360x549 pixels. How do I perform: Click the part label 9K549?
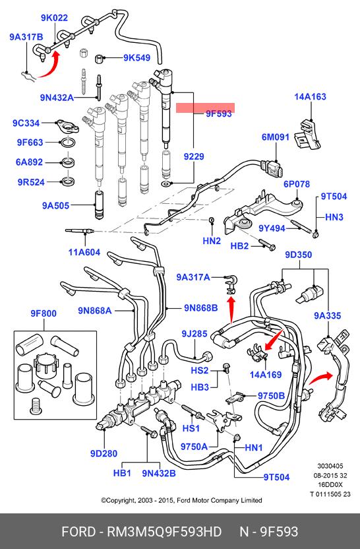tap(136, 58)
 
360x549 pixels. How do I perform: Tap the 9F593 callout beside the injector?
tap(219, 113)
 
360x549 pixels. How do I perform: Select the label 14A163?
tap(310, 96)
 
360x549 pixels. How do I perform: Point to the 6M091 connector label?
tap(276, 137)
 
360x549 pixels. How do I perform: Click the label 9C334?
tap(26, 123)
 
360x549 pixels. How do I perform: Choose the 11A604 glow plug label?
tap(84, 252)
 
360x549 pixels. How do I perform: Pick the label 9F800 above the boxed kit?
tap(44, 313)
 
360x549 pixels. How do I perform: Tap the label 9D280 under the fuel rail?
tap(104, 453)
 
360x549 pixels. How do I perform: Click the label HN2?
tap(212, 241)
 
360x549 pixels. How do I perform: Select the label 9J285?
tap(195, 334)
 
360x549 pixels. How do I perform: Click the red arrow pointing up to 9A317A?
tap(231, 310)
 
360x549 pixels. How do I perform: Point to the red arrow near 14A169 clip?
tap(274, 339)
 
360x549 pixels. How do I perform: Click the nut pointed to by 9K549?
tap(100, 58)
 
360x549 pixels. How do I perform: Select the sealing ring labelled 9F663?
tap(68, 143)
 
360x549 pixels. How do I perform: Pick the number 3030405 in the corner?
tap(330, 466)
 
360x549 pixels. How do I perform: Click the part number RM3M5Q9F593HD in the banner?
tap(164, 531)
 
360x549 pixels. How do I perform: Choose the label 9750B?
tap(271, 396)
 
